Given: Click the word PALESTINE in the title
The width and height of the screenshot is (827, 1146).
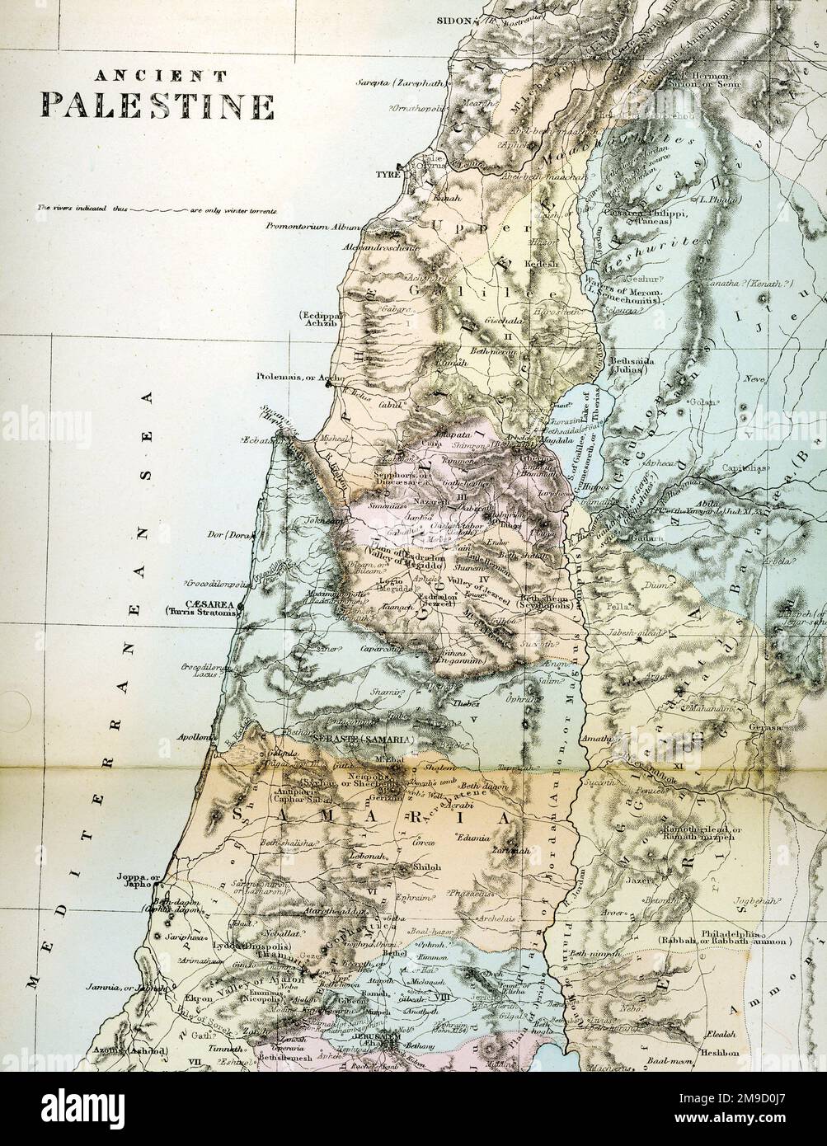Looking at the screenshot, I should click(x=158, y=106).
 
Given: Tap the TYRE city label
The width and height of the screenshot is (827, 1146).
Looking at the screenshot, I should click(x=387, y=175).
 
